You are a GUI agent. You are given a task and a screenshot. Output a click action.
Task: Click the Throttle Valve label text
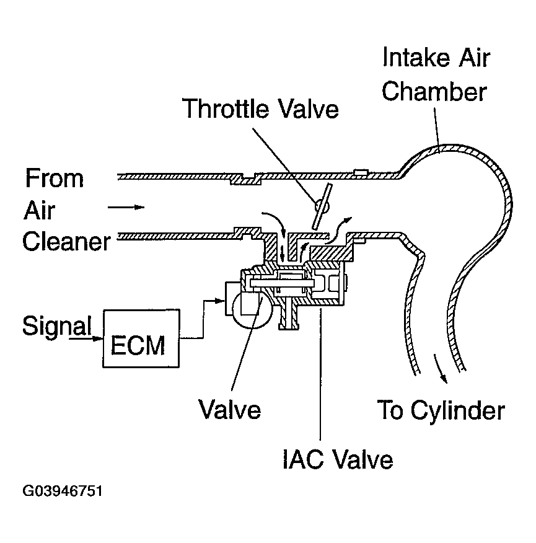pos(260,109)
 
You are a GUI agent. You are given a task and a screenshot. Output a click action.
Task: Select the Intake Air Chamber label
pos(434,75)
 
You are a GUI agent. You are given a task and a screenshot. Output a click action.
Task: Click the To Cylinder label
pos(441,410)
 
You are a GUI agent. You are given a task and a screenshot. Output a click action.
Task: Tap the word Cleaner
pos(66,241)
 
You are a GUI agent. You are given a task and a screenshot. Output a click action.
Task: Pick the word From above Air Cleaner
pos(54,179)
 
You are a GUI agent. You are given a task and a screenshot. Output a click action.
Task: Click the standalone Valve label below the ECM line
pos(229,409)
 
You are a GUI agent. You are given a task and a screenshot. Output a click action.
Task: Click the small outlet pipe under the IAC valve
pos(286,316)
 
